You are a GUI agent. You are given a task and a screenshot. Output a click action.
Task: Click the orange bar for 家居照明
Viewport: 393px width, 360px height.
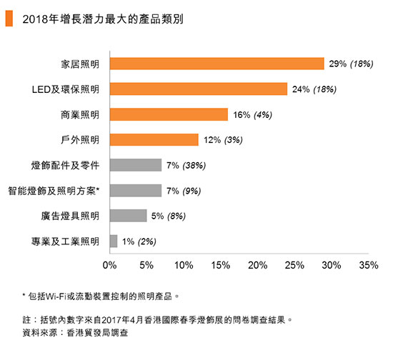(217, 64)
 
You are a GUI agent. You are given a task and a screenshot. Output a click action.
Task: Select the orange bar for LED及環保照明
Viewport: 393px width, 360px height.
(199, 89)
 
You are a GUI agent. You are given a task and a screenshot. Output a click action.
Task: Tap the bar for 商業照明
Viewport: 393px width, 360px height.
(169, 114)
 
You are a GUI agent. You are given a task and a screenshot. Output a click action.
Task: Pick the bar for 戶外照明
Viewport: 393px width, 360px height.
(154, 140)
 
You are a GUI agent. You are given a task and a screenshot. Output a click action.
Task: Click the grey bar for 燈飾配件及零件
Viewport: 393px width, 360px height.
(136, 165)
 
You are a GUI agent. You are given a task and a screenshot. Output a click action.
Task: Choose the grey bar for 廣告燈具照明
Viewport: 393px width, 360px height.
(128, 216)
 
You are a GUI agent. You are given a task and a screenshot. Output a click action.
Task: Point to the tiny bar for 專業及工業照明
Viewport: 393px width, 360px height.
(114, 241)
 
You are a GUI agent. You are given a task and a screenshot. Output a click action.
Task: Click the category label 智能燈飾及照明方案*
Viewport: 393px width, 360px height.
(54, 191)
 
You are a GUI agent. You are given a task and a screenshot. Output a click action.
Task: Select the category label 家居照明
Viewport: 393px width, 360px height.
(80, 64)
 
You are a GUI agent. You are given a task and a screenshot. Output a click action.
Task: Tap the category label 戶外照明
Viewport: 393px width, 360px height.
(80, 140)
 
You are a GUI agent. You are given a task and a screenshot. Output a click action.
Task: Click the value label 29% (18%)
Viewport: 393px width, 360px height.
(352, 64)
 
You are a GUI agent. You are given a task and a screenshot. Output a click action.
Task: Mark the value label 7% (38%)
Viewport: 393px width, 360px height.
(186, 166)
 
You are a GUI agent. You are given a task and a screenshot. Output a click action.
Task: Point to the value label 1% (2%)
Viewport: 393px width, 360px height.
(139, 241)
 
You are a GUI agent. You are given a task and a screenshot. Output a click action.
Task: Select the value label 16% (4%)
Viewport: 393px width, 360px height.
(252, 115)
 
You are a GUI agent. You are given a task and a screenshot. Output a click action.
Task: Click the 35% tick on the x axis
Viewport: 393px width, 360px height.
(368, 266)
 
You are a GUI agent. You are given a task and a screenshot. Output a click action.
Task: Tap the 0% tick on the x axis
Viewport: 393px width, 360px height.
(110, 266)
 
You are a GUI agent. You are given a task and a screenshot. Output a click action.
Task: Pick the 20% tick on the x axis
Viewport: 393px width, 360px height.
(257, 266)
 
